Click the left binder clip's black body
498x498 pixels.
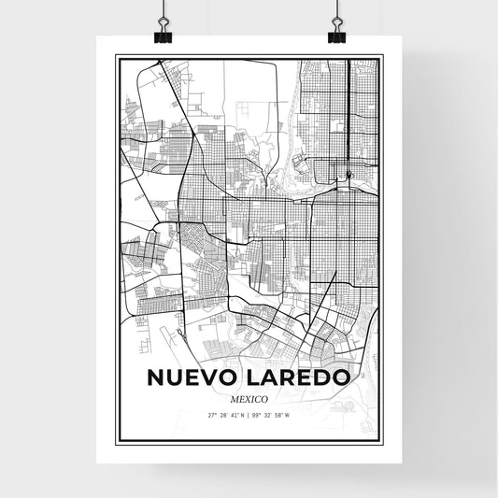163,36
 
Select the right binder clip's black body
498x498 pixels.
336,36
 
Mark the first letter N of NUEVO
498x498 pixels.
154,378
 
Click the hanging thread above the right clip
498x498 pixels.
336,7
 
